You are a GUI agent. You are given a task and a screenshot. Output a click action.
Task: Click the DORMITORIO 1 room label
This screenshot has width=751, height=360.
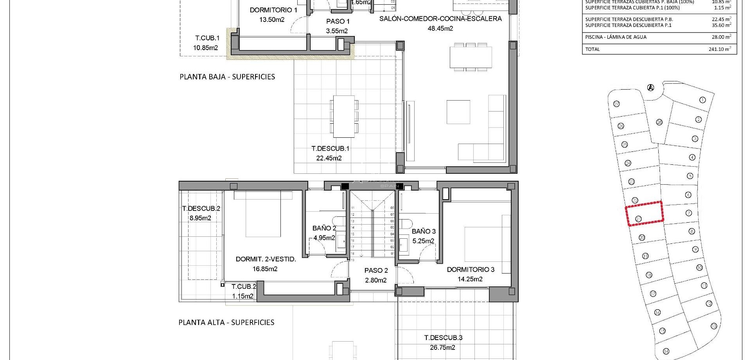click(x=273, y=10)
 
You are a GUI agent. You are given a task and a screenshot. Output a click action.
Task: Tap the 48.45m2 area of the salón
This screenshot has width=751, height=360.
click(x=440, y=29)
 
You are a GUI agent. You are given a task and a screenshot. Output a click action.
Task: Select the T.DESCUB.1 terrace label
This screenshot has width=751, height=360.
click(x=330, y=149)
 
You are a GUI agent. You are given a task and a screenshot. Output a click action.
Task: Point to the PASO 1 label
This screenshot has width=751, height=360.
click(x=338, y=22)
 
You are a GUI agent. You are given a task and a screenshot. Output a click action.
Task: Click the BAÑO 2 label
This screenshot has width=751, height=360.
click(x=324, y=228)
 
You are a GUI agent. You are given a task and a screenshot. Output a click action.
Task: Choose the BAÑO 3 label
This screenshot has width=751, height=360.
click(x=424, y=231)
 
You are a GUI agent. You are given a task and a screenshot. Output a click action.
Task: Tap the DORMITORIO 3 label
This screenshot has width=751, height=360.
click(x=471, y=270)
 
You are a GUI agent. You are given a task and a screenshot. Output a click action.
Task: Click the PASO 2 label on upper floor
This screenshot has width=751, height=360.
click(x=376, y=270)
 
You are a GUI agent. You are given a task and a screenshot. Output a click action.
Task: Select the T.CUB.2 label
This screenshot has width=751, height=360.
click(x=244, y=287)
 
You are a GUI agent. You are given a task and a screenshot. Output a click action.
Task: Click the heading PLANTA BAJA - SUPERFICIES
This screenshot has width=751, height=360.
click(x=227, y=77)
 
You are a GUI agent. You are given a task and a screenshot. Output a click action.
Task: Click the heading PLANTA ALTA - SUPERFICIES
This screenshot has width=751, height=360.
click(x=226, y=322)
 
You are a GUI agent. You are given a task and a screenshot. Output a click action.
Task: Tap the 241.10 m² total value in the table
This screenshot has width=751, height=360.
click(x=720, y=49)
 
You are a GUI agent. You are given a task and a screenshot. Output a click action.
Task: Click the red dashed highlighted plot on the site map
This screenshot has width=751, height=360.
click(x=644, y=214)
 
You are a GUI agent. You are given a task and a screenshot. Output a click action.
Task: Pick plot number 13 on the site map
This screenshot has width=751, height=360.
click(x=713, y=326)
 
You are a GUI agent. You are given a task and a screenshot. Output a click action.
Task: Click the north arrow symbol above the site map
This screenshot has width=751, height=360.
click(x=650, y=88)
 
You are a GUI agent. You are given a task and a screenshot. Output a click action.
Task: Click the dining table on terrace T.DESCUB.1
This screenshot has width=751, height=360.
click(x=344, y=116)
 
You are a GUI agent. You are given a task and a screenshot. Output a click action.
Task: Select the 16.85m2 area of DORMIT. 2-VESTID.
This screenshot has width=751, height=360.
click(x=265, y=269)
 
